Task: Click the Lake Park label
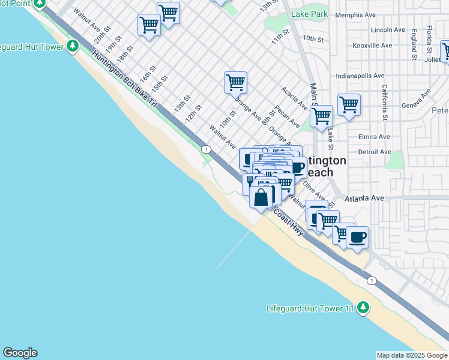coord(309,14)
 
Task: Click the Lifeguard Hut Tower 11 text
coord(310,309)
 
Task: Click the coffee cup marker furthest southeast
coord(358,238)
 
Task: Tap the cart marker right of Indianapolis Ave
coord(349,105)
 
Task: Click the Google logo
coord(20,353)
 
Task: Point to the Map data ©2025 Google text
coord(412,355)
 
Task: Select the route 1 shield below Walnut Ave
coord(206,149)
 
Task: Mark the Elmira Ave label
coord(375,137)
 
